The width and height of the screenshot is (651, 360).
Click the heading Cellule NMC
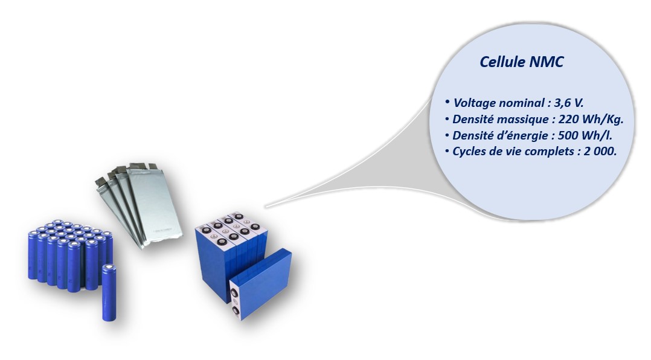(521, 62)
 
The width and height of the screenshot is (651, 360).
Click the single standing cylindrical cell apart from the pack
(109, 292)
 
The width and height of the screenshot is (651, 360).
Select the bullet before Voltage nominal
(447, 102)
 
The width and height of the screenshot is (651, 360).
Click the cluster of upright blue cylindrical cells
(66, 254)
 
